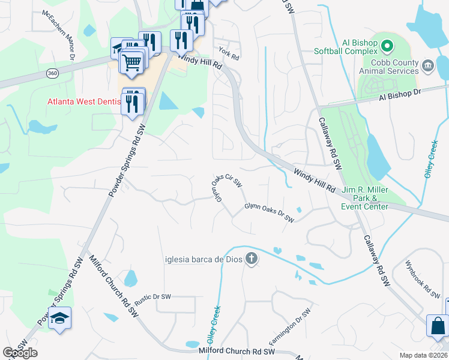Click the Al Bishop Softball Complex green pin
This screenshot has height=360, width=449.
coord(387,44)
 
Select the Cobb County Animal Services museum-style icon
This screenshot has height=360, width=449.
coord(428,65)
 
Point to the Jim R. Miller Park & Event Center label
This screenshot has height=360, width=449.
coord(364,199)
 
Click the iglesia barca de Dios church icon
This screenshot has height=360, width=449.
coord(252,259)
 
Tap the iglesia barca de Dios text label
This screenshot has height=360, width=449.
coord(203,259)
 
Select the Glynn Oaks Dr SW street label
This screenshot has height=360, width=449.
coord(269,214)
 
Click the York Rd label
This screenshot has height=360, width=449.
coord(229,53)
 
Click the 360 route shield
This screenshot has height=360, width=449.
coord(52,73)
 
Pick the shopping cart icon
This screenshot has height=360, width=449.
coord(133,61)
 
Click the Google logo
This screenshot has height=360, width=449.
coord(20,353)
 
